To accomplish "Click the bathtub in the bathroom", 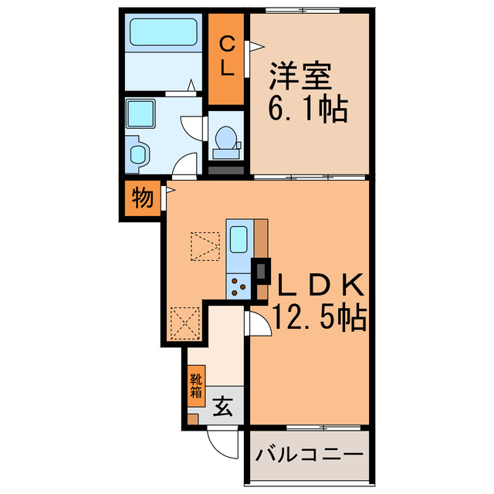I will coord(163,32).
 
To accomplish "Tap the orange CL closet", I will coord(227,57).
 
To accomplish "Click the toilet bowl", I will coord(226,140).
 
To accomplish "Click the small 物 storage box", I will coord(140,199).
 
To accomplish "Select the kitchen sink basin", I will coord(239,239).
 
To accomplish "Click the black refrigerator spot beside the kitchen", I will coord(262,270).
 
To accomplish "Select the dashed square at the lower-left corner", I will coord(184,323).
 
